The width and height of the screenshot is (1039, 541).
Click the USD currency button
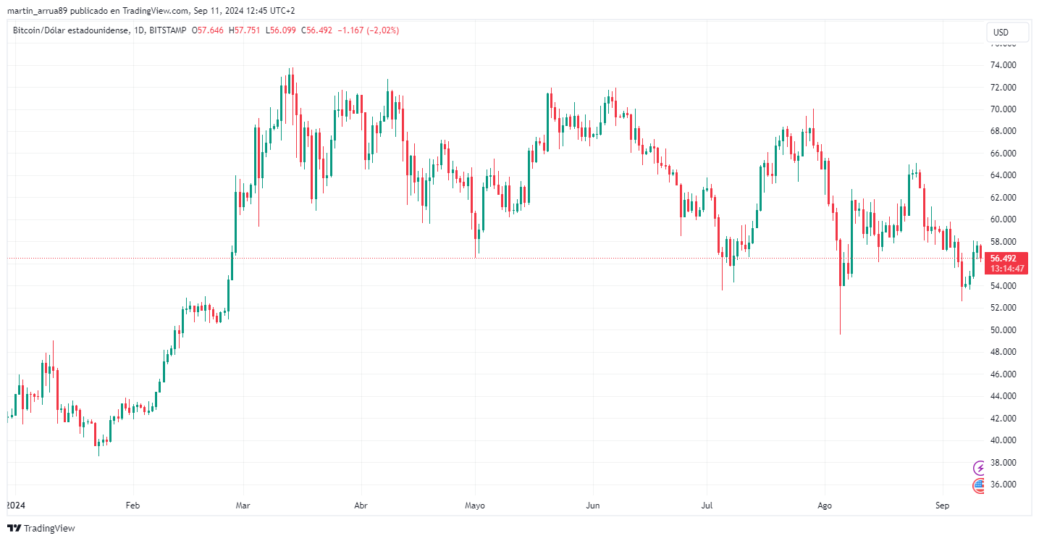[x=1007, y=33]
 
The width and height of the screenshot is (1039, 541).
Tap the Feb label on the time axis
[x=132, y=505]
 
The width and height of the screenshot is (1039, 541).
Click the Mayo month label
[x=475, y=505]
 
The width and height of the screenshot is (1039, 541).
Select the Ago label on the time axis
[x=823, y=505]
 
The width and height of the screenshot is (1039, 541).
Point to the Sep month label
[x=942, y=505]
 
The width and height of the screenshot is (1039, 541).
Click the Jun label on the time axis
[x=593, y=505]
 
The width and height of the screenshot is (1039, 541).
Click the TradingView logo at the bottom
[x=41, y=529]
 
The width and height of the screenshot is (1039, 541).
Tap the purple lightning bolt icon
[x=980, y=468]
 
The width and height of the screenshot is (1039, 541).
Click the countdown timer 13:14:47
[x=1008, y=269]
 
